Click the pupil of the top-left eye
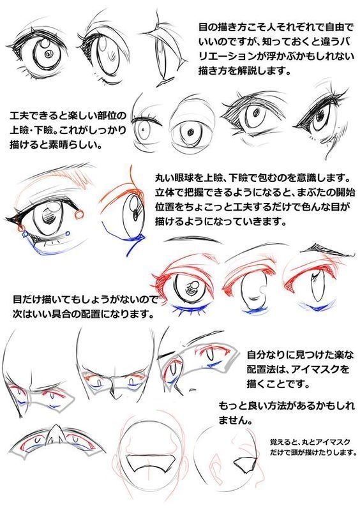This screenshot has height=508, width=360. click(x=48, y=53)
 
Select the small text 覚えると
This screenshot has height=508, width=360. click(x=281, y=440)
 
